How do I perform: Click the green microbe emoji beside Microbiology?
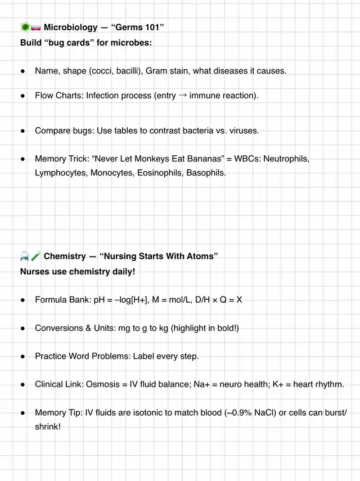(25, 27)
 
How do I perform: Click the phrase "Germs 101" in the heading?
(138, 27)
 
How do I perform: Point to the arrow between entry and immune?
(183, 96)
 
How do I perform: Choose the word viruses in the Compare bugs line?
(240, 131)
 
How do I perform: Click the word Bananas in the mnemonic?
(198, 159)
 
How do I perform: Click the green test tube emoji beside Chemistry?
(36, 257)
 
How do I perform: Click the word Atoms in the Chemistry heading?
(200, 257)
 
